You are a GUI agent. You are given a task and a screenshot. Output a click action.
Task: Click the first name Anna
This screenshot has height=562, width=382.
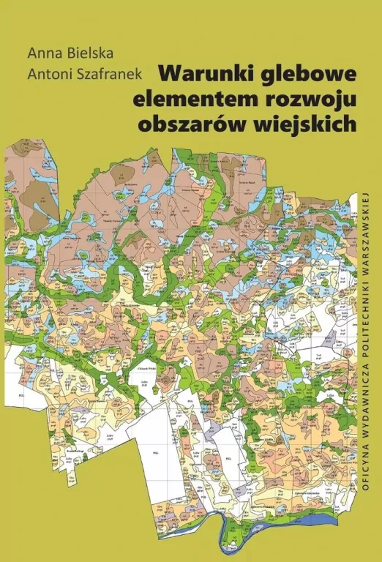41,53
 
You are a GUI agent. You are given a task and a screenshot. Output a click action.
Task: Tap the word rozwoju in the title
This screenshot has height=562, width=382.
319,99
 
